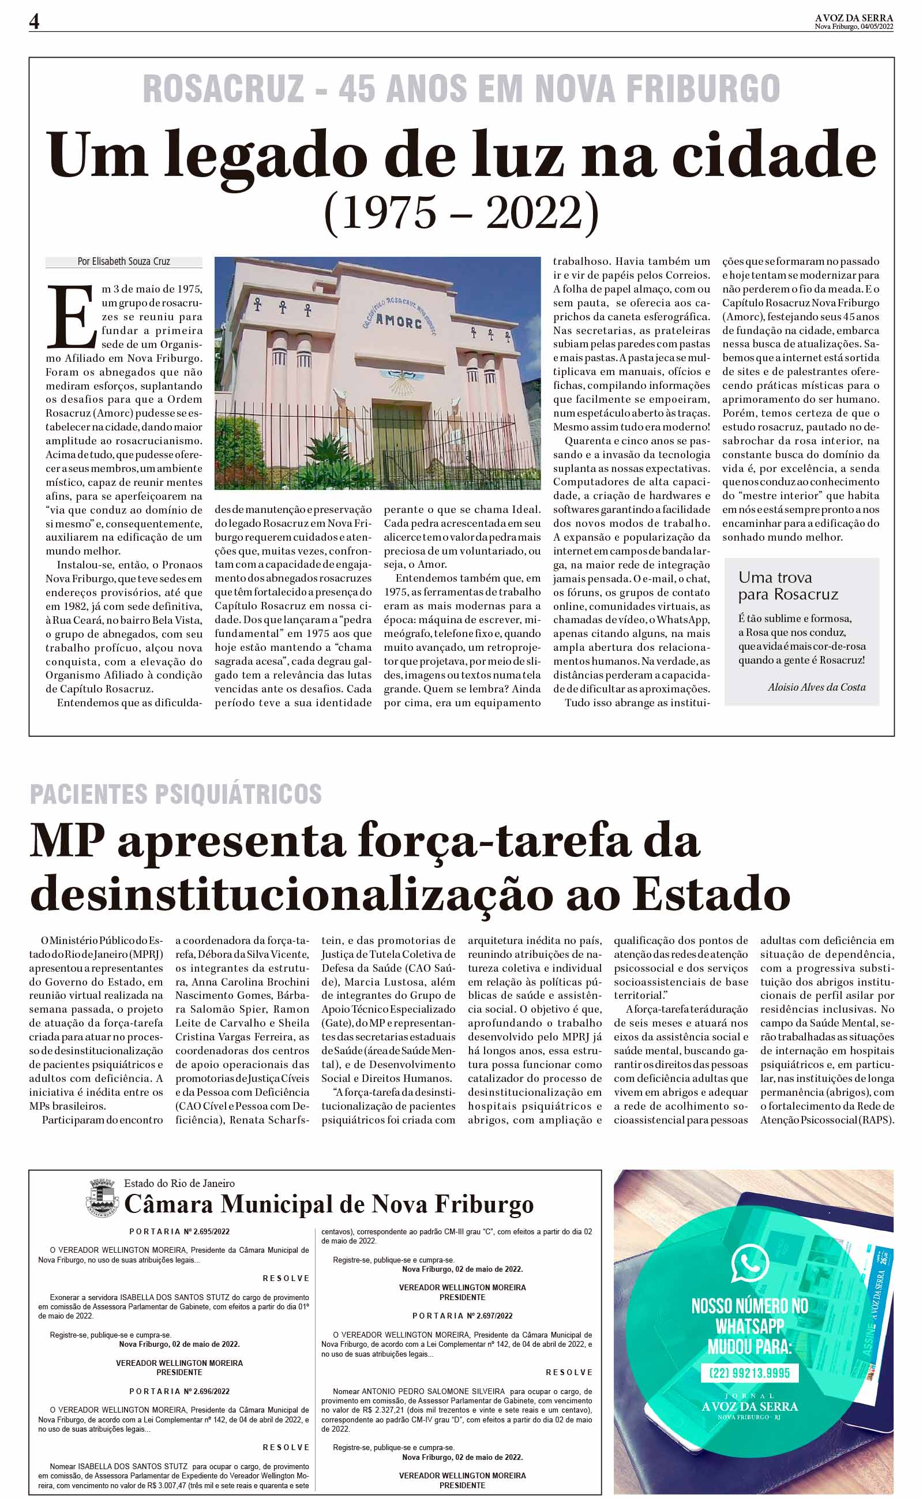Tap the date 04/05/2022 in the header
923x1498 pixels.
click(x=877, y=27)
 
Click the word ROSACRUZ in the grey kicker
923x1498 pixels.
click(x=223, y=89)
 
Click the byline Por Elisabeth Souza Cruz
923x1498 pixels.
click(x=123, y=261)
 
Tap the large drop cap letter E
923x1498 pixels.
click(x=72, y=316)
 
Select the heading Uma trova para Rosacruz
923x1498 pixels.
click(x=787, y=586)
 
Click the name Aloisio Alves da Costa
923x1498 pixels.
click(x=816, y=687)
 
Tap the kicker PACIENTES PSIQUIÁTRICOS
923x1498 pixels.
click(x=176, y=793)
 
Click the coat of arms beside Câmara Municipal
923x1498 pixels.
click(x=102, y=1198)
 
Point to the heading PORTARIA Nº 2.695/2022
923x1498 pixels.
click(x=179, y=1232)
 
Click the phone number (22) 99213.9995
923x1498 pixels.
click(x=749, y=1373)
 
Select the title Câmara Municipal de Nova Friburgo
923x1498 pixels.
click(x=328, y=1205)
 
